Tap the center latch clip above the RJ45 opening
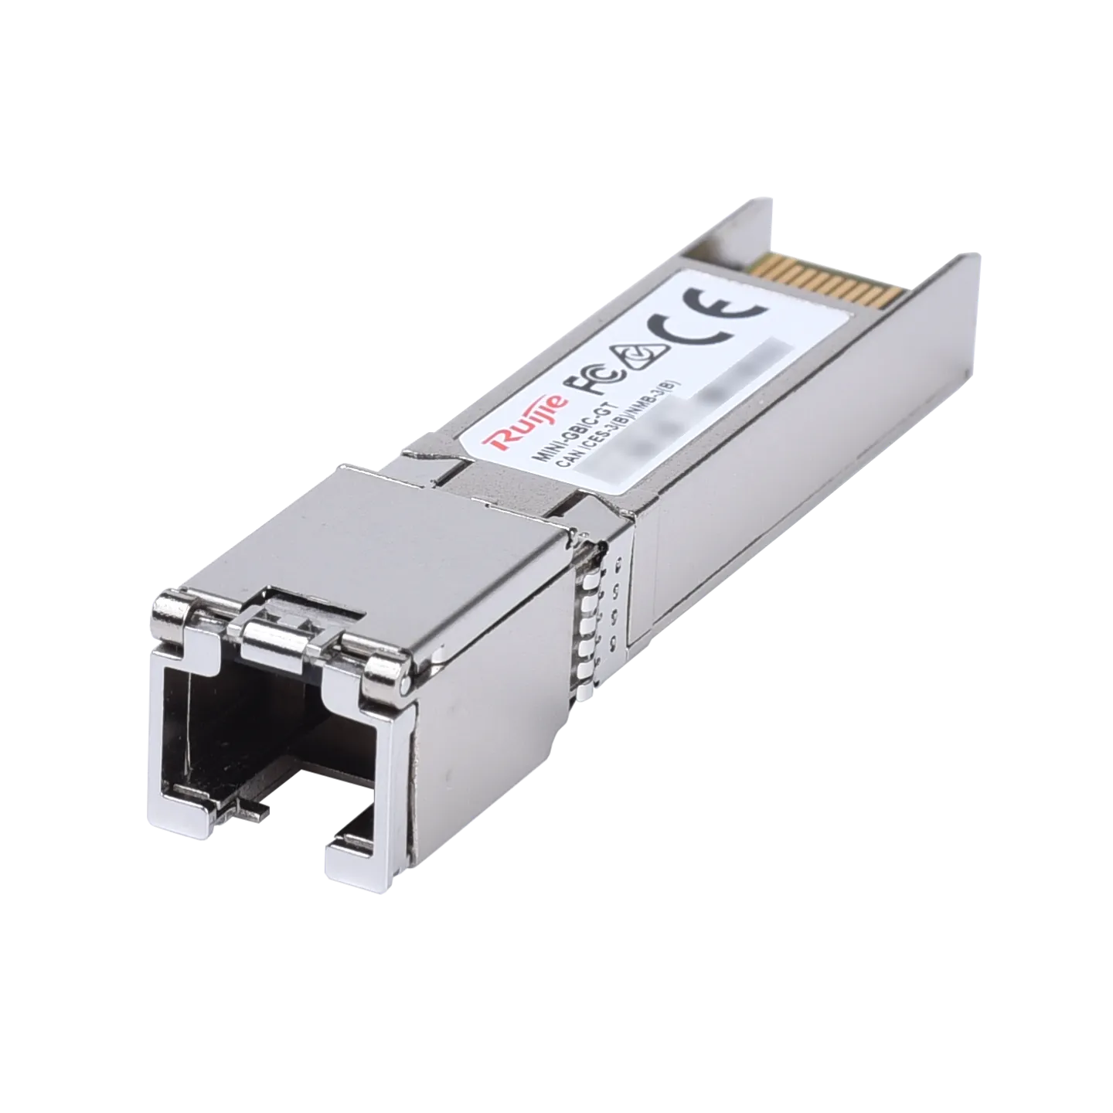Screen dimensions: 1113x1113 (x=294, y=618)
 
